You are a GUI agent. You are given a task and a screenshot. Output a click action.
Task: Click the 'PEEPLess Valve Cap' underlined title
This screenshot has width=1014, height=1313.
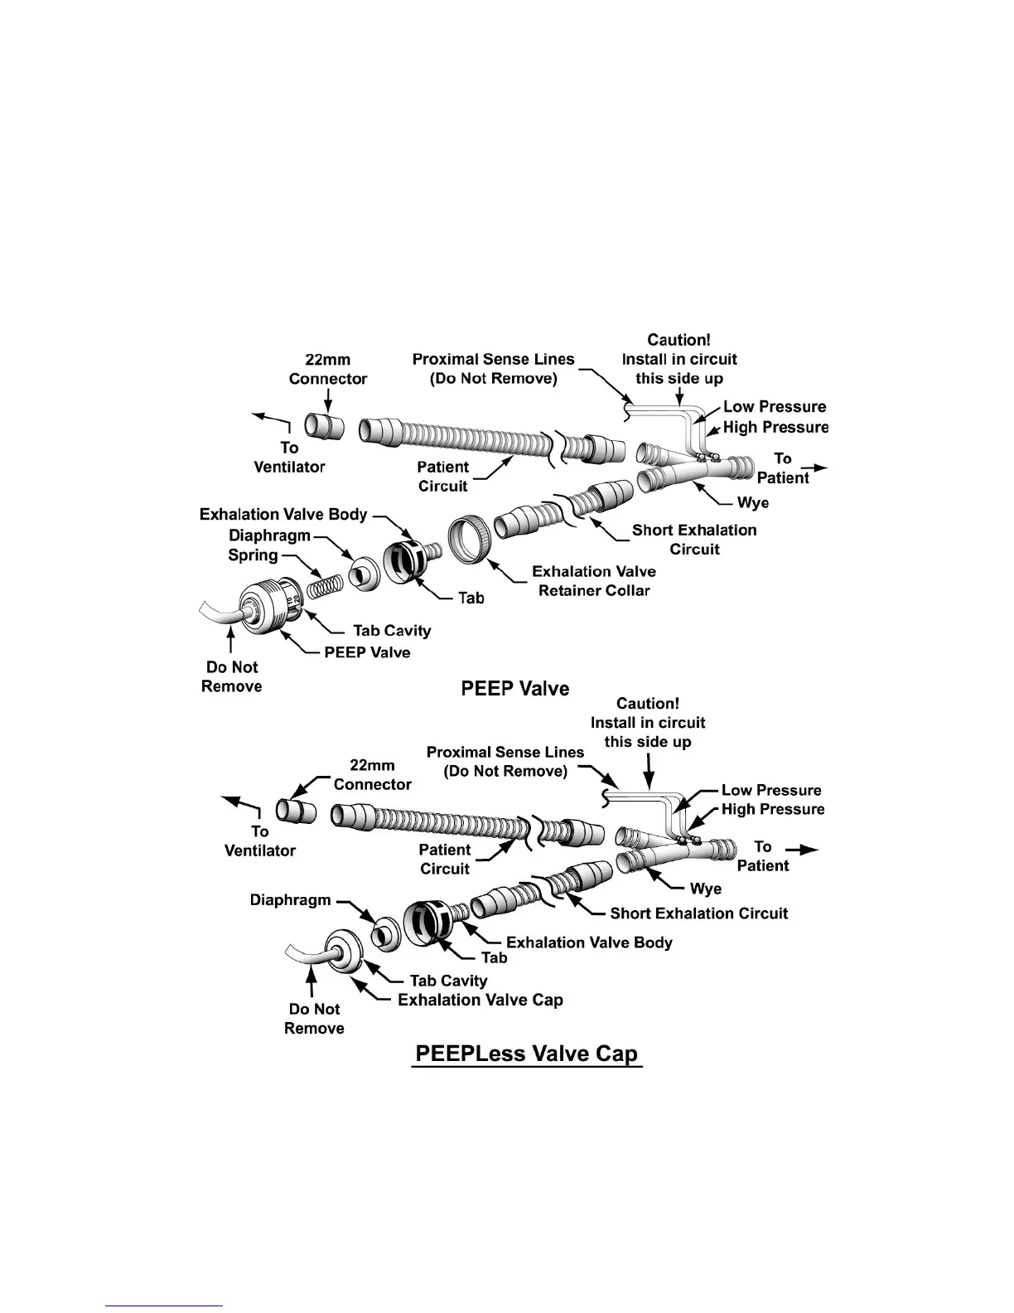click(x=527, y=1054)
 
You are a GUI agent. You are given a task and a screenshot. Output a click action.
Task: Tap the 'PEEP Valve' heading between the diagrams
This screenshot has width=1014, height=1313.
click(x=514, y=689)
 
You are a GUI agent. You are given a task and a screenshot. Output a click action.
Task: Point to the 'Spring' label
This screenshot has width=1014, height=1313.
click(x=253, y=555)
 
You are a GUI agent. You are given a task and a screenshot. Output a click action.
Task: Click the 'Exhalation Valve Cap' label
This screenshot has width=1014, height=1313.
click(x=480, y=1000)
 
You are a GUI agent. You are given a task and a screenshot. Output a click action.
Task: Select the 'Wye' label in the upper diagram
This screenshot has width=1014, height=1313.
click(x=752, y=503)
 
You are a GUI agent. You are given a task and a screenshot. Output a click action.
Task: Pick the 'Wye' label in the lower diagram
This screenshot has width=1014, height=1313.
click(x=705, y=889)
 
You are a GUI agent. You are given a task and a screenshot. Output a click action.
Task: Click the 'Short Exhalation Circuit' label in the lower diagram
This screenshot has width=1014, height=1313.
click(x=698, y=913)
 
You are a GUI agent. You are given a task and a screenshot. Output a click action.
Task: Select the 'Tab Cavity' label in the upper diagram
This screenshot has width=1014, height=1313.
click(x=392, y=631)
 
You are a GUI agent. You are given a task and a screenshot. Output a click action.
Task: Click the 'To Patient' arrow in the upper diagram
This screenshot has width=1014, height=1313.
click(x=814, y=469)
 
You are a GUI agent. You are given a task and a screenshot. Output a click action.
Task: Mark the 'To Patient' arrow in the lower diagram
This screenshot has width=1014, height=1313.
click(x=801, y=850)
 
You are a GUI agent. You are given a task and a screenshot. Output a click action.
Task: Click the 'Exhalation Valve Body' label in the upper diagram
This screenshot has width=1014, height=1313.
click(x=282, y=515)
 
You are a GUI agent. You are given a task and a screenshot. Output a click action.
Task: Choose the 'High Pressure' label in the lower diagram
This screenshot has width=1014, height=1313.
click(x=772, y=809)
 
